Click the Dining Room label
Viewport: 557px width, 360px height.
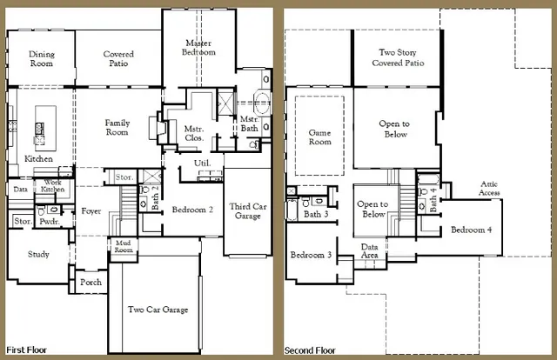point(41,58)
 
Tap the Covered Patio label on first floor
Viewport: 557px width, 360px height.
point(117,58)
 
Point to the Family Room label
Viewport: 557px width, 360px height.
point(117,127)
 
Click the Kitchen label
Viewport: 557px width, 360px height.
point(38,159)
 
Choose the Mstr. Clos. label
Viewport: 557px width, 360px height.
point(194,133)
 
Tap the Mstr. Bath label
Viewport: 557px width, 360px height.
point(248,123)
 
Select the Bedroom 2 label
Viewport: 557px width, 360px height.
point(192,210)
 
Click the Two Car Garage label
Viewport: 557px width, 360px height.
point(158,310)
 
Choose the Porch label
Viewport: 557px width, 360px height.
point(91,282)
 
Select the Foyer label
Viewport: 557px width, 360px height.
point(91,210)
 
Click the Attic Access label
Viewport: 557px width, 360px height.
point(488,188)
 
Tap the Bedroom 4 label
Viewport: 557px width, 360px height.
point(471,230)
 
